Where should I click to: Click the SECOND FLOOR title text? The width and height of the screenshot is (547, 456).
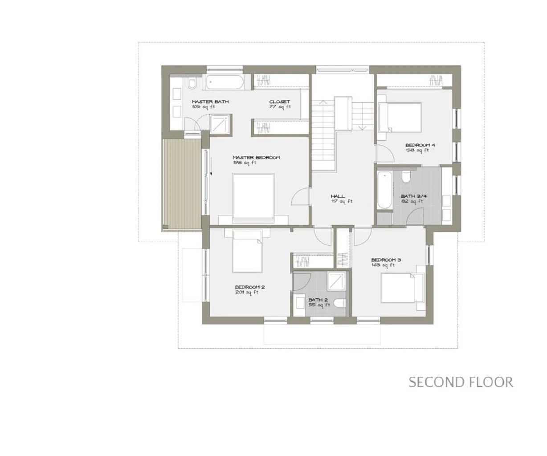tap(461, 382)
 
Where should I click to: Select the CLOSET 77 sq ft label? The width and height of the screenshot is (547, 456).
tap(280, 104)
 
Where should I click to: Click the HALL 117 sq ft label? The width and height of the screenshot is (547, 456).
tap(341, 199)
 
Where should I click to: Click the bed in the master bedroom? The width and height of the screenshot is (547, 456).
tap(253, 198)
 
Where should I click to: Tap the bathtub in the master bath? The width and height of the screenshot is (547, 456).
tap(225, 82)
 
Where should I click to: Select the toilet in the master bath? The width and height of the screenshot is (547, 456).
tap(192, 83)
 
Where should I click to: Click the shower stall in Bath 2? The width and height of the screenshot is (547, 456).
tap(336, 281)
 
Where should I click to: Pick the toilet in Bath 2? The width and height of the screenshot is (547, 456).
tap(341, 303)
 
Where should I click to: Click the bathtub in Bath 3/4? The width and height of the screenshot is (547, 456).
tap(385, 190)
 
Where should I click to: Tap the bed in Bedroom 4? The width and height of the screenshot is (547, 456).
tap(400, 117)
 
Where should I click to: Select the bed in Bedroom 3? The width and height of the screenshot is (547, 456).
tap(402, 288)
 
